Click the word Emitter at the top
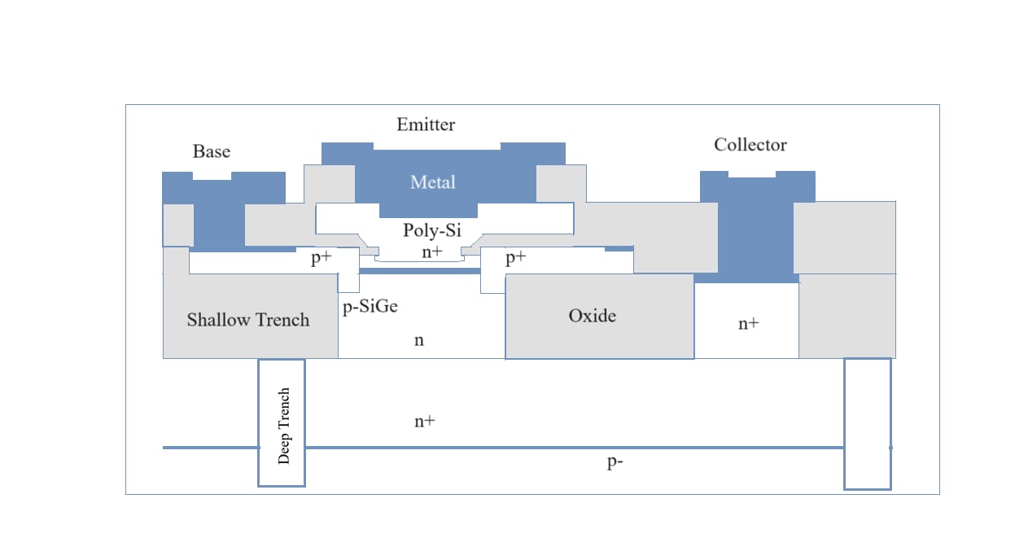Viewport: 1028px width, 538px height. (426, 125)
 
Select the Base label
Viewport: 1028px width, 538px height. (211, 151)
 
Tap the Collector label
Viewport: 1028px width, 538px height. (750, 145)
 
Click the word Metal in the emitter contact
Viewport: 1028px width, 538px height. (432, 182)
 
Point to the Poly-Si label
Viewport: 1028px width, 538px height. (432, 230)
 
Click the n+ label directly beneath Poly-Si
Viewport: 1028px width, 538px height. (431, 252)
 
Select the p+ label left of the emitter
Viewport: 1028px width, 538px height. (321, 260)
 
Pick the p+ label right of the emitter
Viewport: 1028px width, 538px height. (515, 259)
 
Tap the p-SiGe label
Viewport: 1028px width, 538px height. (370, 307)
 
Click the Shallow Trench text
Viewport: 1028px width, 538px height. (248, 320)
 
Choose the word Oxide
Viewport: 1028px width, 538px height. (592, 316)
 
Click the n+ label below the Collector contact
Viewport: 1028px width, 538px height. (748, 323)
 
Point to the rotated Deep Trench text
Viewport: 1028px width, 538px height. (284, 426)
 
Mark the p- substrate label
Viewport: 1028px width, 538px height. (616, 461)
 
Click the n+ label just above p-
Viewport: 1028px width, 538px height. (424, 421)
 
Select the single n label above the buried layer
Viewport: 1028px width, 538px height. (419, 340)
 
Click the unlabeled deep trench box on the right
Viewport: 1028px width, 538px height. (867, 423)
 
